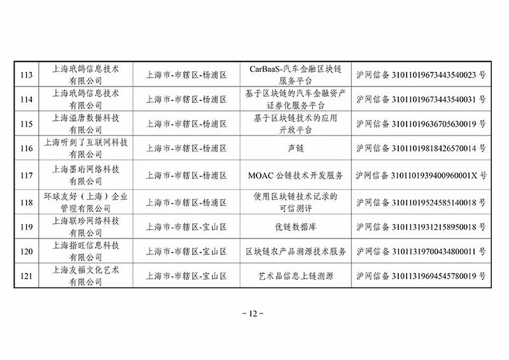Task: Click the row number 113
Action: click(26, 75)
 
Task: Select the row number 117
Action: click(26, 176)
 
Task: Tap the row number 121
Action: click(26, 276)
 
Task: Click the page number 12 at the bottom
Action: click(253, 314)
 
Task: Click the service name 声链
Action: click(296, 148)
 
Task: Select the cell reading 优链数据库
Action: click(295, 227)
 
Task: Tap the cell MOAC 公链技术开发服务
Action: click(295, 176)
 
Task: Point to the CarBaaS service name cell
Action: click(295, 74)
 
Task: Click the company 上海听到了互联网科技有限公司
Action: click(86, 148)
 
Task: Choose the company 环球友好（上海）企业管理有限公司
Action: click(86, 202)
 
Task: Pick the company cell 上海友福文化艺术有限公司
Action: click(86, 275)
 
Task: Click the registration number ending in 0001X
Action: click(421, 176)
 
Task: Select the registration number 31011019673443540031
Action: click(421, 99)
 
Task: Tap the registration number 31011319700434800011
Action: click(421, 252)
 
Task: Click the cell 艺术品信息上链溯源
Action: click(295, 276)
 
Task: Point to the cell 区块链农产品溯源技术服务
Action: click(295, 252)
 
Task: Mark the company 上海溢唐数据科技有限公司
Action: click(86, 123)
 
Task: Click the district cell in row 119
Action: click(186, 227)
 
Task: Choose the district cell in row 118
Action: click(186, 202)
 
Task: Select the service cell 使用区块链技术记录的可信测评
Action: click(295, 202)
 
